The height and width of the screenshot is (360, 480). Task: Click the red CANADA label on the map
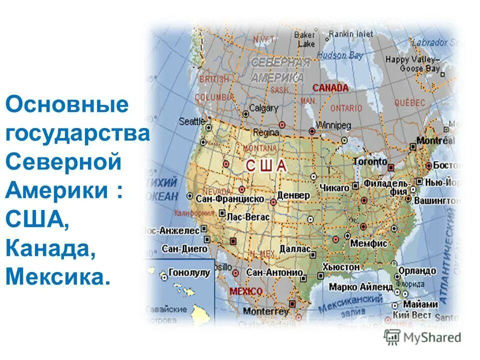[330, 88]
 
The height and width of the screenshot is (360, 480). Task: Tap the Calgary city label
[263, 107]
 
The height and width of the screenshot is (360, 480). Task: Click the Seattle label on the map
[192, 121]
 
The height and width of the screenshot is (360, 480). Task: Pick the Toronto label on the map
[370, 161]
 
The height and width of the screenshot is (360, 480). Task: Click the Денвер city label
[293, 194]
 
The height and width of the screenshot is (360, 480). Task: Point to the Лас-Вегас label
[248, 217]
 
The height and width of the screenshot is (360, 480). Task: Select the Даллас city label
[295, 248]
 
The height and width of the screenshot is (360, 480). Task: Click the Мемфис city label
[369, 243]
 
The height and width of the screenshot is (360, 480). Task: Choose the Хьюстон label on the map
[341, 267]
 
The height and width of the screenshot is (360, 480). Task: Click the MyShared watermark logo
[422, 337]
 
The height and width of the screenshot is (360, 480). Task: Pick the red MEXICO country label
[245, 291]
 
